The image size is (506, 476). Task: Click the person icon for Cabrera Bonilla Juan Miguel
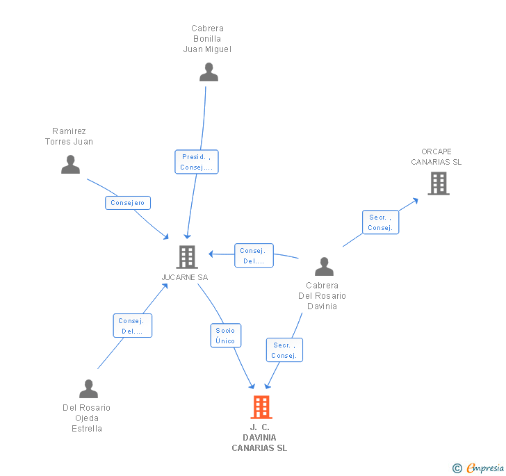(x=209, y=72)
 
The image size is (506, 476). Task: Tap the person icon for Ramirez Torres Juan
(x=70, y=165)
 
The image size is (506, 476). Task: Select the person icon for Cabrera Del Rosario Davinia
(x=324, y=267)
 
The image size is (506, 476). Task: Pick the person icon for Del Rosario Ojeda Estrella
(x=88, y=389)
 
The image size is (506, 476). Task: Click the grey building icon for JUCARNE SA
(x=187, y=257)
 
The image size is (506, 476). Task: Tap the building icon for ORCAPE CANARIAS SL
(x=438, y=183)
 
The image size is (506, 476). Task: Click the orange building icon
(x=261, y=407)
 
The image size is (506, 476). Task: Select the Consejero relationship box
(x=128, y=203)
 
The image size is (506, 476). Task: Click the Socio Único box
(x=225, y=336)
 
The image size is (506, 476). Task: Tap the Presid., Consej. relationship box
(x=197, y=162)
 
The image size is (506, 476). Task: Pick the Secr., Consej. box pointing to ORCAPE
(x=380, y=222)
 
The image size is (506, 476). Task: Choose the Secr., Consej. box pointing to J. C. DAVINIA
(x=284, y=350)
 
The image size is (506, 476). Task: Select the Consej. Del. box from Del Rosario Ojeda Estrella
(x=132, y=326)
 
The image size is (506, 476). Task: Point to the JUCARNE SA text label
(x=185, y=277)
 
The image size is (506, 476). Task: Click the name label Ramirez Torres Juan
(x=69, y=136)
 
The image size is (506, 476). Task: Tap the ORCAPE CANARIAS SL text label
(x=436, y=157)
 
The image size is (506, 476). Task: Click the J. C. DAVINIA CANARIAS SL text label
(x=259, y=438)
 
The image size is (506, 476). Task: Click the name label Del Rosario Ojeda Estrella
(x=86, y=418)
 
